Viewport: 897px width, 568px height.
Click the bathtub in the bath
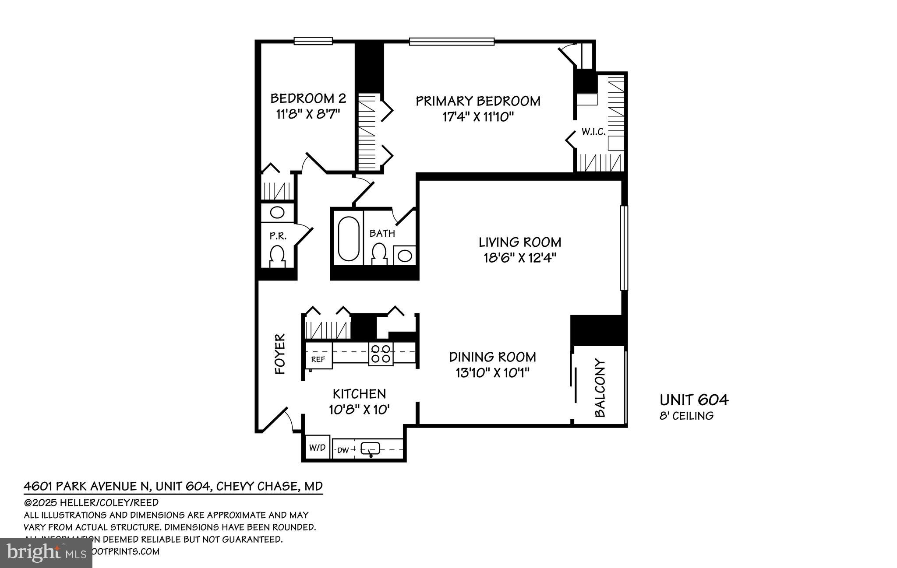click(349, 238)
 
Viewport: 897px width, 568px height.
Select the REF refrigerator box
click(318, 359)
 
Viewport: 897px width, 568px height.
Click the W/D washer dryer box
click(317, 447)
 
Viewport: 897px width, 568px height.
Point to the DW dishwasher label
click(343, 450)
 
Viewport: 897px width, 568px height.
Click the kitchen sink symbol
click(371, 449)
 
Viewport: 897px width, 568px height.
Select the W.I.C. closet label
click(593, 132)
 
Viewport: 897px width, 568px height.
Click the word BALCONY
click(600, 388)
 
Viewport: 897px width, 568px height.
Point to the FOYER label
click(280, 354)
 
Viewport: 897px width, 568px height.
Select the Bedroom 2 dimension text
click(308, 114)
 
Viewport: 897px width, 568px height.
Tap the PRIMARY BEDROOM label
click(478, 101)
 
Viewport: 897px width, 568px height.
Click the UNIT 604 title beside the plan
click(694, 400)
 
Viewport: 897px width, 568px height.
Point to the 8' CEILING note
click(686, 416)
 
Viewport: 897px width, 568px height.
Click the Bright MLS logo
click(46, 553)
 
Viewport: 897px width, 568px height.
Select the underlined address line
click(173, 486)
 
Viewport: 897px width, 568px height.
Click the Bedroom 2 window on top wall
click(313, 41)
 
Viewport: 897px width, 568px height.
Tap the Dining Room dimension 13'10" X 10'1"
click(492, 373)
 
